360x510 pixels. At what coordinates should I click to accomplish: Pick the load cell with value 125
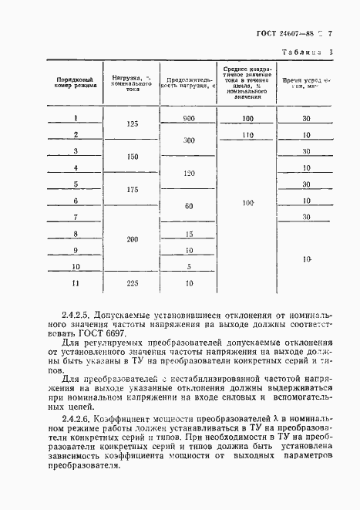point(132,123)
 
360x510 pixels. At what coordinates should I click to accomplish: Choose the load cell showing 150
point(132,157)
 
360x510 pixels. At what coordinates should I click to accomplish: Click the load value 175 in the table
point(132,190)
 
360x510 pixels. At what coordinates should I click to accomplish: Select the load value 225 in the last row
point(132,283)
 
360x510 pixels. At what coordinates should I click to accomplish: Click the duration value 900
point(188,118)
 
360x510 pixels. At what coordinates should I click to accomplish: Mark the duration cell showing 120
point(188,174)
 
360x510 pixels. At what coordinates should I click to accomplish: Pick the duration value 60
point(188,206)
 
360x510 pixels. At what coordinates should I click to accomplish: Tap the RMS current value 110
point(247,134)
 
